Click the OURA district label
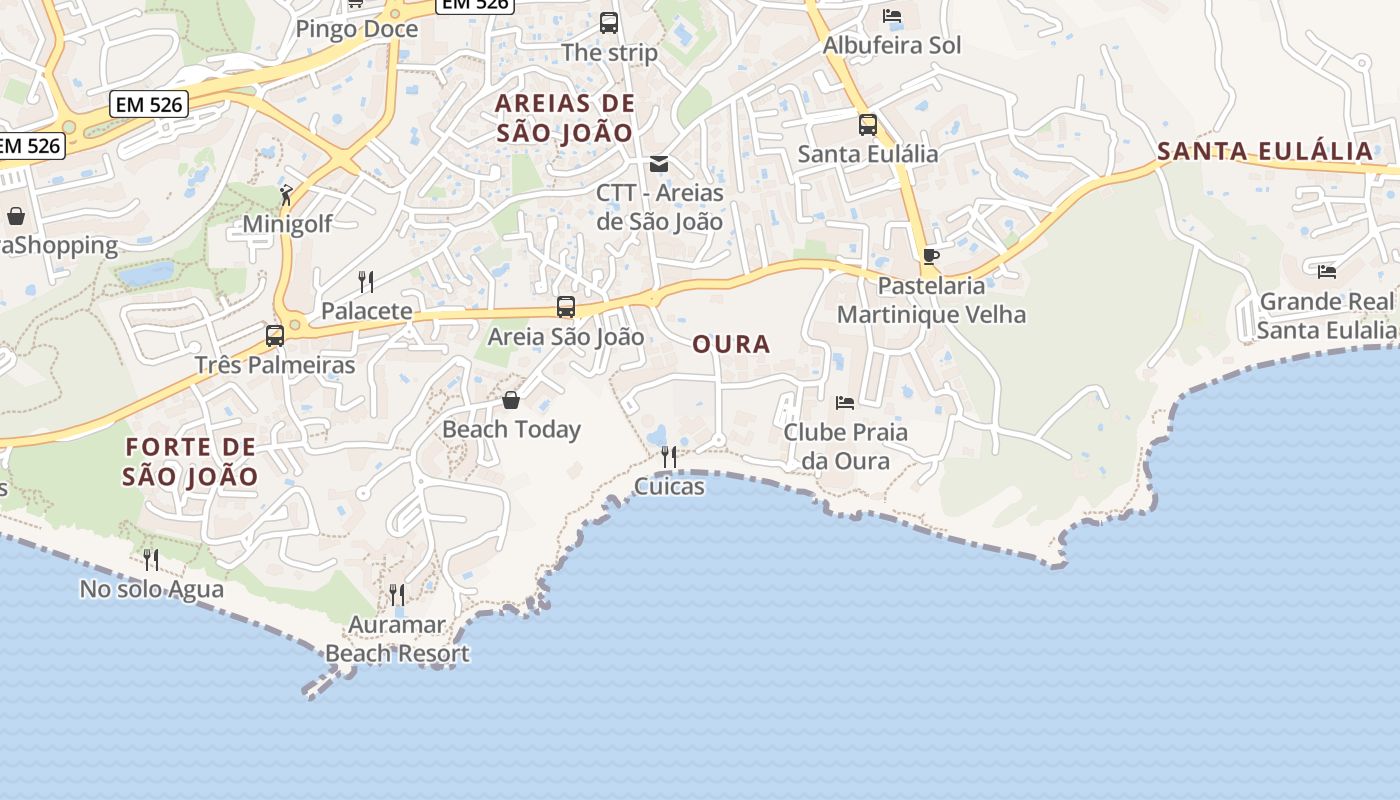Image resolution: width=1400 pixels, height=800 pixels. click(x=731, y=344)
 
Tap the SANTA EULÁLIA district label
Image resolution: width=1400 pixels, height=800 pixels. click(x=1265, y=152)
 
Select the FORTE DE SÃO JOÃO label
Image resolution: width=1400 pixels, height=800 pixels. click(x=190, y=461)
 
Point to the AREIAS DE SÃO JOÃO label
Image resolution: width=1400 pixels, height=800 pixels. click(x=565, y=118)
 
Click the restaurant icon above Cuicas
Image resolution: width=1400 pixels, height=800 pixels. click(x=668, y=457)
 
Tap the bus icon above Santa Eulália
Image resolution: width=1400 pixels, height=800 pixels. click(x=867, y=125)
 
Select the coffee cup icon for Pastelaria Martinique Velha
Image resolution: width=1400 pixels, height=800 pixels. click(x=931, y=256)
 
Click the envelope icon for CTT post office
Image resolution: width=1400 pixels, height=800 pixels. click(x=659, y=164)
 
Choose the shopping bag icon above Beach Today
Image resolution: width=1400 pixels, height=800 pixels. click(x=511, y=401)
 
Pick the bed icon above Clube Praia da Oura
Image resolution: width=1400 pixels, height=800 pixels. click(x=845, y=403)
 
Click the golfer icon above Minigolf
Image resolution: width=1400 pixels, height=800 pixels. click(x=287, y=194)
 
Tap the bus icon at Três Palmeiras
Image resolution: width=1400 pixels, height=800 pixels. click(x=275, y=336)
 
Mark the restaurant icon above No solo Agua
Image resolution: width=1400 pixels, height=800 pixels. click(x=151, y=560)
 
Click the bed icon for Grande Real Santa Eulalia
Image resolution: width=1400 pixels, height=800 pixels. click(x=1327, y=271)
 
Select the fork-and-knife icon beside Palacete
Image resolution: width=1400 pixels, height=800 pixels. click(x=366, y=282)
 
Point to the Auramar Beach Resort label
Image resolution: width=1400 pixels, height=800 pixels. click(x=397, y=640)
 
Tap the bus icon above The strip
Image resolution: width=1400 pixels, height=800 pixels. click(x=609, y=22)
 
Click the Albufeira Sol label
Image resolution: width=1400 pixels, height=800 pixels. click(x=891, y=45)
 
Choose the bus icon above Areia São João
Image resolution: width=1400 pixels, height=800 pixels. click(x=566, y=307)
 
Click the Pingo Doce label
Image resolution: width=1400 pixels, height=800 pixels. click(x=356, y=29)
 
